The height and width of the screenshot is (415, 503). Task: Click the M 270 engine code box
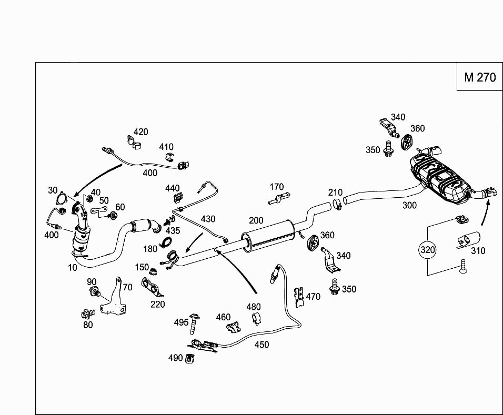(480, 77)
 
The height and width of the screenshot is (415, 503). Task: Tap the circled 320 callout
(428, 250)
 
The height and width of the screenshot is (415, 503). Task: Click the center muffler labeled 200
(268, 237)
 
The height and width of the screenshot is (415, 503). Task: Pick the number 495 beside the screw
(181, 322)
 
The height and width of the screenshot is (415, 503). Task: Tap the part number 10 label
(72, 267)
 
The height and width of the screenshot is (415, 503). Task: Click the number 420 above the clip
(140, 132)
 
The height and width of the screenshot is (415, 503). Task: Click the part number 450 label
(261, 345)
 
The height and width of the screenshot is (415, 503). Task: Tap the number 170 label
(276, 187)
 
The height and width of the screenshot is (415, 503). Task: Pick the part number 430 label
(207, 218)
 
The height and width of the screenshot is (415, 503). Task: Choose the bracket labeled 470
(299, 296)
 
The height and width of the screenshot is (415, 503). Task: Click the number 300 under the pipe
(409, 205)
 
